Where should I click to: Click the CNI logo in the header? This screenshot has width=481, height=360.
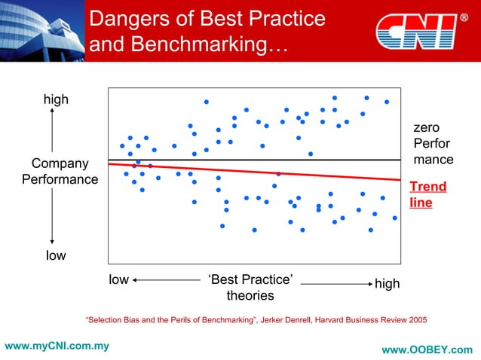415,31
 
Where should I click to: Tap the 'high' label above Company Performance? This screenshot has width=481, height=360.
55,99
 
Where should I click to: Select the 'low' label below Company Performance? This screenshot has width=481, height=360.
55,255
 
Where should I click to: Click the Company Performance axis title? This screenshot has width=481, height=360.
60,172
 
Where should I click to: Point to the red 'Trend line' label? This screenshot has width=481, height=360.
427,194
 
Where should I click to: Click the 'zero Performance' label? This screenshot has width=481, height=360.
433,143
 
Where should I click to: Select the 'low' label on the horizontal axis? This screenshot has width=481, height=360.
119,280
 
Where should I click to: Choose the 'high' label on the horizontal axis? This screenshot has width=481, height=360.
387,284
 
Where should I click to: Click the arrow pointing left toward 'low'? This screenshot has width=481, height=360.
166,280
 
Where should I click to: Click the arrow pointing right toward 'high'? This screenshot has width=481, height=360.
335,284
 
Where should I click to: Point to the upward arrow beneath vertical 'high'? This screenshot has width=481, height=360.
52,128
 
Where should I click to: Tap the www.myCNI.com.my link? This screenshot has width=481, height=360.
57,346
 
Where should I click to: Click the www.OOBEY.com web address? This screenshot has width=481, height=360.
427,349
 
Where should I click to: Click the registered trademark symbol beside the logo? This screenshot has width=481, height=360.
463,17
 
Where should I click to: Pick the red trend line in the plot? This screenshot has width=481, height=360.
256,171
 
